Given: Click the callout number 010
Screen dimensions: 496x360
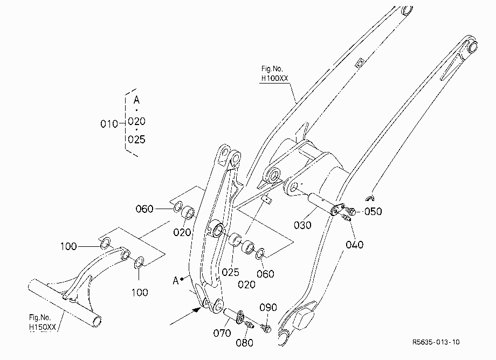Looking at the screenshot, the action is [x=109, y=123].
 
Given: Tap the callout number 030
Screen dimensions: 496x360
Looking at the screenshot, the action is [x=302, y=225].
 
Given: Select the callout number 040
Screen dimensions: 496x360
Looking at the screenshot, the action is [x=354, y=244].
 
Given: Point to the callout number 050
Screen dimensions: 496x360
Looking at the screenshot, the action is [x=373, y=211].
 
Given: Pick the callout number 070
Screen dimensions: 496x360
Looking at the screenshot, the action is [x=222, y=333].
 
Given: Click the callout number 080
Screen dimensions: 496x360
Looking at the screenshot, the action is [x=245, y=343].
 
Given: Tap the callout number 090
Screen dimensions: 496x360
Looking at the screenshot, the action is [x=268, y=307].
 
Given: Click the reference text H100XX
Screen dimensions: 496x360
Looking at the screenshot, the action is [x=275, y=78].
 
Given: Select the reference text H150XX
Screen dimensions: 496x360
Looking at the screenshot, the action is [x=43, y=327].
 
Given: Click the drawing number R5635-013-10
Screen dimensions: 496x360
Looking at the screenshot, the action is [x=436, y=342].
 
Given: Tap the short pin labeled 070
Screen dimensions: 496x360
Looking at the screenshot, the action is [x=232, y=315].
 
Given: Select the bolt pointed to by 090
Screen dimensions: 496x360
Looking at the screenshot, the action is [x=265, y=328].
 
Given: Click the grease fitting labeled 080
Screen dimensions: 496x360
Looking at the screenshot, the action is [x=249, y=324].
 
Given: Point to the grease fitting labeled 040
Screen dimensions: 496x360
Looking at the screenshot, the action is [x=346, y=217].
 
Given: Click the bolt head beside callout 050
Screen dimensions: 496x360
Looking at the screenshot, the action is [x=350, y=211].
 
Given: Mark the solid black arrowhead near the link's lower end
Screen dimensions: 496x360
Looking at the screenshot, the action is [x=198, y=309].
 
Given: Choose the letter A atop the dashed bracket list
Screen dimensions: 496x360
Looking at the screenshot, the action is [x=136, y=100].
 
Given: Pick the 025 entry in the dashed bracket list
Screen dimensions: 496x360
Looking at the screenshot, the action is [x=136, y=140].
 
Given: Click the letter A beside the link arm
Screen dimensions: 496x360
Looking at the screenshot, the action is [x=176, y=280].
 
